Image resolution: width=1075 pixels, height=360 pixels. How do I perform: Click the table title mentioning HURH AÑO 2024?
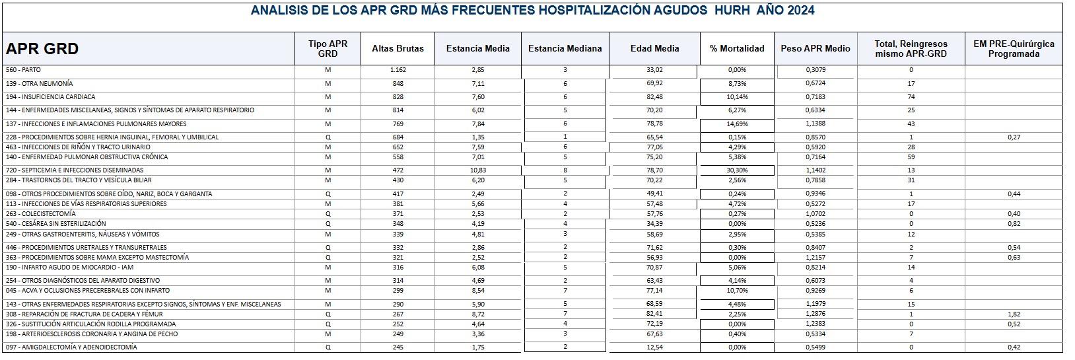coord(532,11)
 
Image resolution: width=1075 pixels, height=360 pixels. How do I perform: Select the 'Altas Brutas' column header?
coord(398,48)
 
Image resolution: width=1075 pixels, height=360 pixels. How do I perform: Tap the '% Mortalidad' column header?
coord(737,48)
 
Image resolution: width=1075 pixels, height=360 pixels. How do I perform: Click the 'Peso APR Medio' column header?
coord(815,48)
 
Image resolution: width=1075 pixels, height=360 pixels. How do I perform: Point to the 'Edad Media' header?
coord(654,48)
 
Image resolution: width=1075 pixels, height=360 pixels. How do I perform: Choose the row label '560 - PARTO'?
coord(23,70)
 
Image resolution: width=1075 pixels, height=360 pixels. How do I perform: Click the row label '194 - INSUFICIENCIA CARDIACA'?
coord(50,97)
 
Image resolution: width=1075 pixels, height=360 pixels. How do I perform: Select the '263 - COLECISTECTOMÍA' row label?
coord(40,214)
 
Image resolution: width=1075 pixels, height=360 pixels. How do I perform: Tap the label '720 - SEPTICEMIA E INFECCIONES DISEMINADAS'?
coord(75,170)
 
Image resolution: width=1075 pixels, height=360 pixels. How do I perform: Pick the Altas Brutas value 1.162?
coord(397,70)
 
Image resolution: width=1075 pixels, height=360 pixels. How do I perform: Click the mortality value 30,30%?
coord(737,170)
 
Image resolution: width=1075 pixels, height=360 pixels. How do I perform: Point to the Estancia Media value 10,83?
coord(477,170)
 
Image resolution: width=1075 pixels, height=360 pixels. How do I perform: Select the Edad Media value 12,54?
coord(654,347)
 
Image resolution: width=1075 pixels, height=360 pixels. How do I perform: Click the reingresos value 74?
coord(911,97)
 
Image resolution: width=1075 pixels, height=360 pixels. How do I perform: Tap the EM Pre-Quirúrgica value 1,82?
coord(1014,314)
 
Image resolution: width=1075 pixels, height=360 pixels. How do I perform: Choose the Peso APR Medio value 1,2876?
coord(815,314)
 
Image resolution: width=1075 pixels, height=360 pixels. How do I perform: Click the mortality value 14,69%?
coord(737,124)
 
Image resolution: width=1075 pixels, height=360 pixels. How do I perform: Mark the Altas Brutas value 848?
coord(397,84)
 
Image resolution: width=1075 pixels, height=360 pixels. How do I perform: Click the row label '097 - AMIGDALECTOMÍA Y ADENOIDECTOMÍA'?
coord(71,347)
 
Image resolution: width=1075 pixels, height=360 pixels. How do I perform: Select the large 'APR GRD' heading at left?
coord(42,49)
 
